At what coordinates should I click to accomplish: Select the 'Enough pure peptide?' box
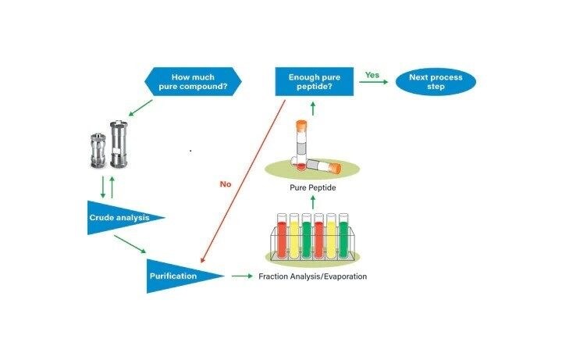coord(314,82)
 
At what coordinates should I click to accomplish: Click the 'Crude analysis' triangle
coord(117,218)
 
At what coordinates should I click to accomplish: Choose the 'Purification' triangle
coord(176,276)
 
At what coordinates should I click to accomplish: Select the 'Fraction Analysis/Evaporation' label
coord(312,276)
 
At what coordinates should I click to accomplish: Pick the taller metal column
coord(119,145)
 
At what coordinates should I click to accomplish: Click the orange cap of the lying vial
coord(336,167)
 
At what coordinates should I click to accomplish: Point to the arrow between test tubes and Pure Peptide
coord(312,202)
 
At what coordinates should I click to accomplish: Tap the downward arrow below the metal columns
coord(104,187)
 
